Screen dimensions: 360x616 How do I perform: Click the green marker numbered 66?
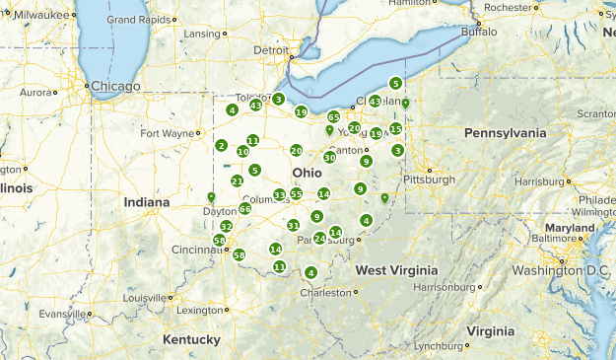[244, 208]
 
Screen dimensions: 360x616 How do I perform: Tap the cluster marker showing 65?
[333, 116]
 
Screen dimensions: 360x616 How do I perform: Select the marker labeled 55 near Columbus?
[297, 194]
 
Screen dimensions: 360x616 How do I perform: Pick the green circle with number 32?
[227, 226]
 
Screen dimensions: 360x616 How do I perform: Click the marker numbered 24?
[319, 238]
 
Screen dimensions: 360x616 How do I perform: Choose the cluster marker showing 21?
[238, 180]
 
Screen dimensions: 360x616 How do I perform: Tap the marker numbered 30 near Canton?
[330, 157]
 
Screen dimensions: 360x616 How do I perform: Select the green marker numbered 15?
[395, 129]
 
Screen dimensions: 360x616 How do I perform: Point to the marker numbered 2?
[222, 146]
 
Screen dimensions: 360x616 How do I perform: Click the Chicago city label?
[116, 86]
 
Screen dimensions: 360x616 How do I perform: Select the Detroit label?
[272, 50]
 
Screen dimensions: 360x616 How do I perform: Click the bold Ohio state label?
[305, 173]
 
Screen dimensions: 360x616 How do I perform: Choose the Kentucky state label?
[191, 339]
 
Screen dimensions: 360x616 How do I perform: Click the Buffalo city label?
[480, 32]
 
